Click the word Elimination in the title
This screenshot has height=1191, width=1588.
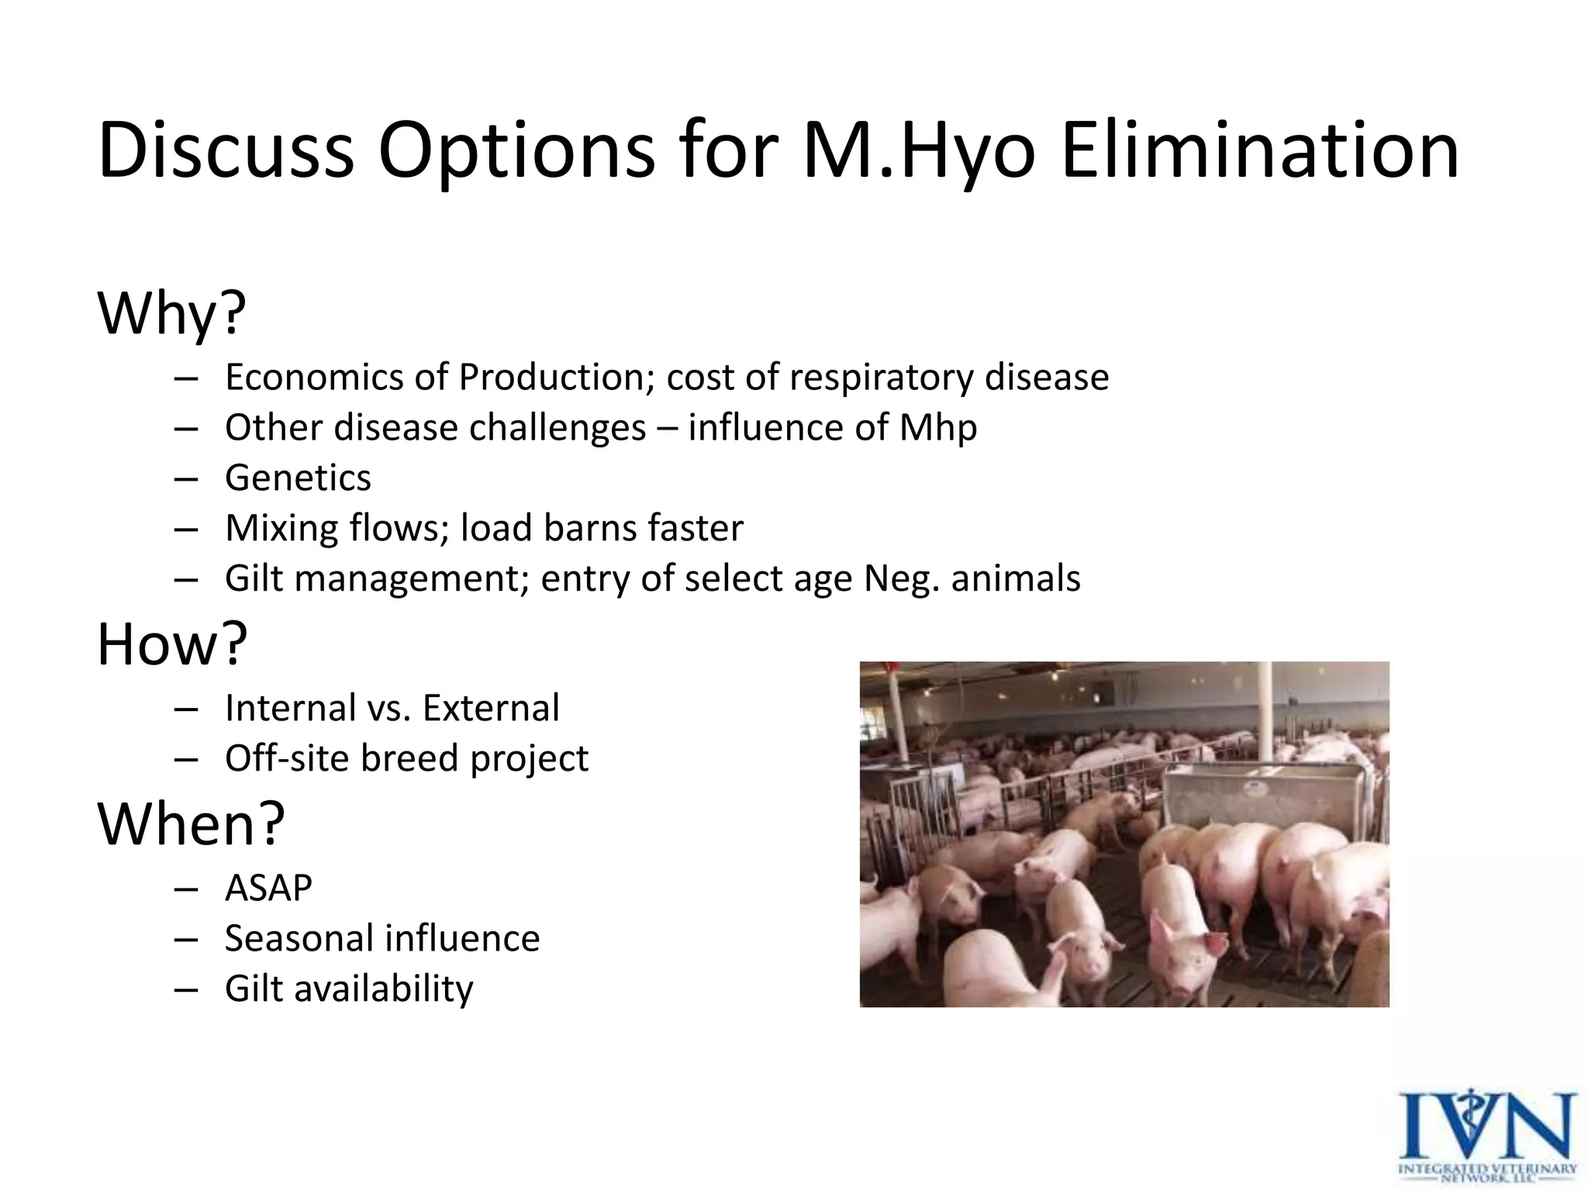[x=1259, y=150]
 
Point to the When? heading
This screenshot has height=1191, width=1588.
[x=191, y=823]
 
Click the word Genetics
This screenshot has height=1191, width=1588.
[x=298, y=478]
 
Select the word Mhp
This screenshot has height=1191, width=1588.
[x=937, y=428]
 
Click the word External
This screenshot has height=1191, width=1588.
[x=491, y=708]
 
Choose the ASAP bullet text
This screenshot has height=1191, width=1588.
[x=268, y=888]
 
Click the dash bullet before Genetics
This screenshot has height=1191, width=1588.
[x=186, y=478]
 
